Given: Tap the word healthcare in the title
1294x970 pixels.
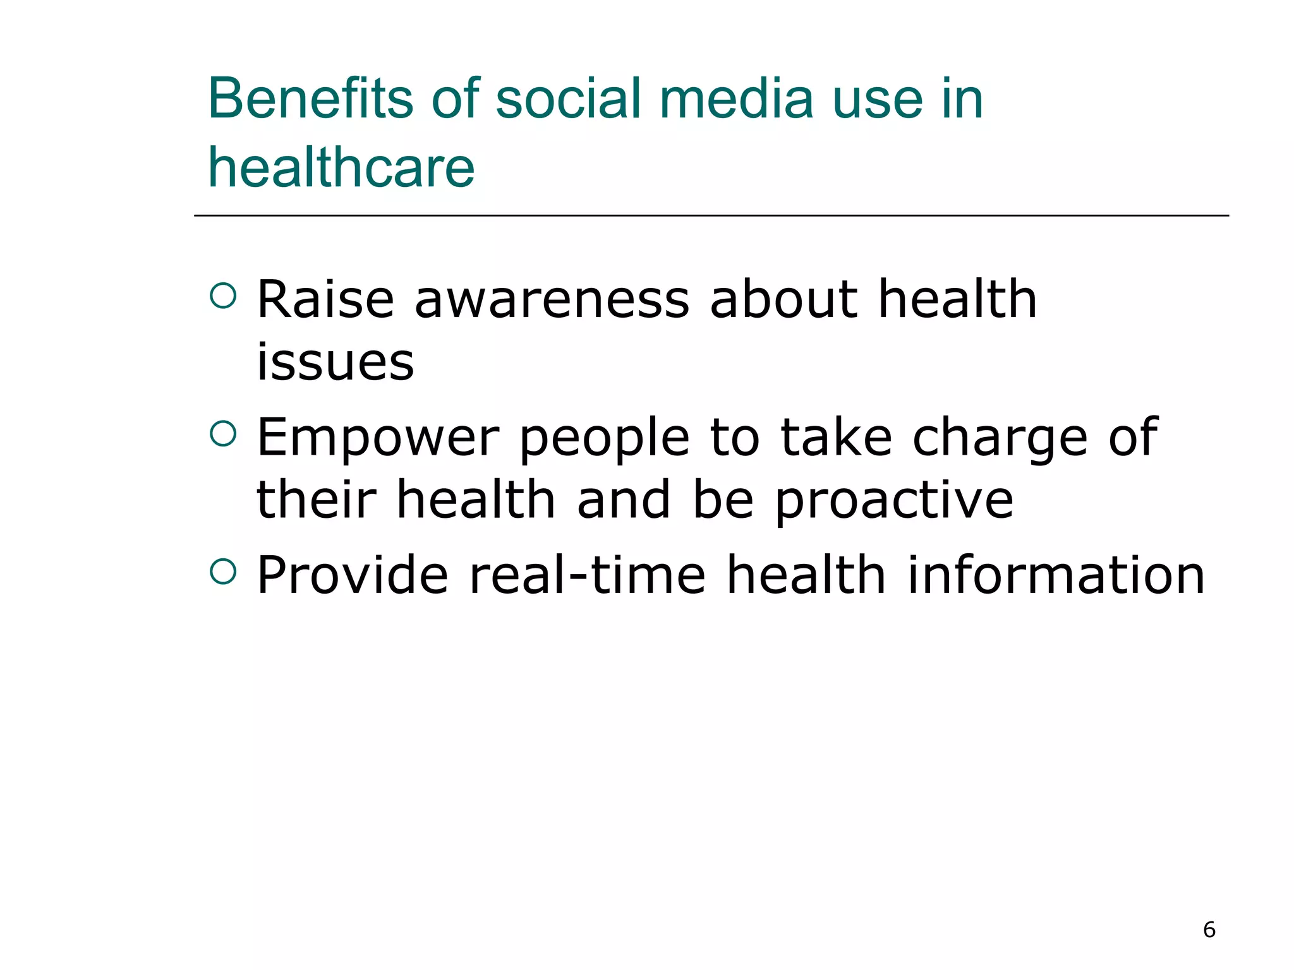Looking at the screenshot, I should pyautogui.click(x=341, y=168).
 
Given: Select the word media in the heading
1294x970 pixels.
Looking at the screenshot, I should pyautogui.click(x=736, y=99).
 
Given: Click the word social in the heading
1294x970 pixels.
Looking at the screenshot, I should pyautogui.click(x=568, y=99).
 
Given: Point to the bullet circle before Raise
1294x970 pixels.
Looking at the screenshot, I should pyautogui.click(x=223, y=295).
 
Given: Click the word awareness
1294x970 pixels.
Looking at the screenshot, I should pyautogui.click(x=551, y=299).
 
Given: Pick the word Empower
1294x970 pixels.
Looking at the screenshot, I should pyautogui.click(x=378, y=438).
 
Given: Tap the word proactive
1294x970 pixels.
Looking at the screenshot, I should pyautogui.click(x=894, y=501).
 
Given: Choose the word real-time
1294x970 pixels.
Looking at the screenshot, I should pyautogui.click(x=587, y=575).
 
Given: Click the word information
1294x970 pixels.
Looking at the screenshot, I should pyautogui.click(x=1056, y=575).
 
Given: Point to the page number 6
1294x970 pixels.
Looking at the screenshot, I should pyautogui.click(x=1209, y=930).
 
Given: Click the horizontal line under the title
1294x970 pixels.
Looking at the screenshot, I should pyautogui.click(x=711, y=215).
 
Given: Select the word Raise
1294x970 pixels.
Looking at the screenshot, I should pyautogui.click(x=325, y=299).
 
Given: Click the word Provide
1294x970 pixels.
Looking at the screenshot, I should pyautogui.click(x=353, y=575).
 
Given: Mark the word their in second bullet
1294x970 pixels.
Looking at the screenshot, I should pyautogui.click(x=317, y=500).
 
